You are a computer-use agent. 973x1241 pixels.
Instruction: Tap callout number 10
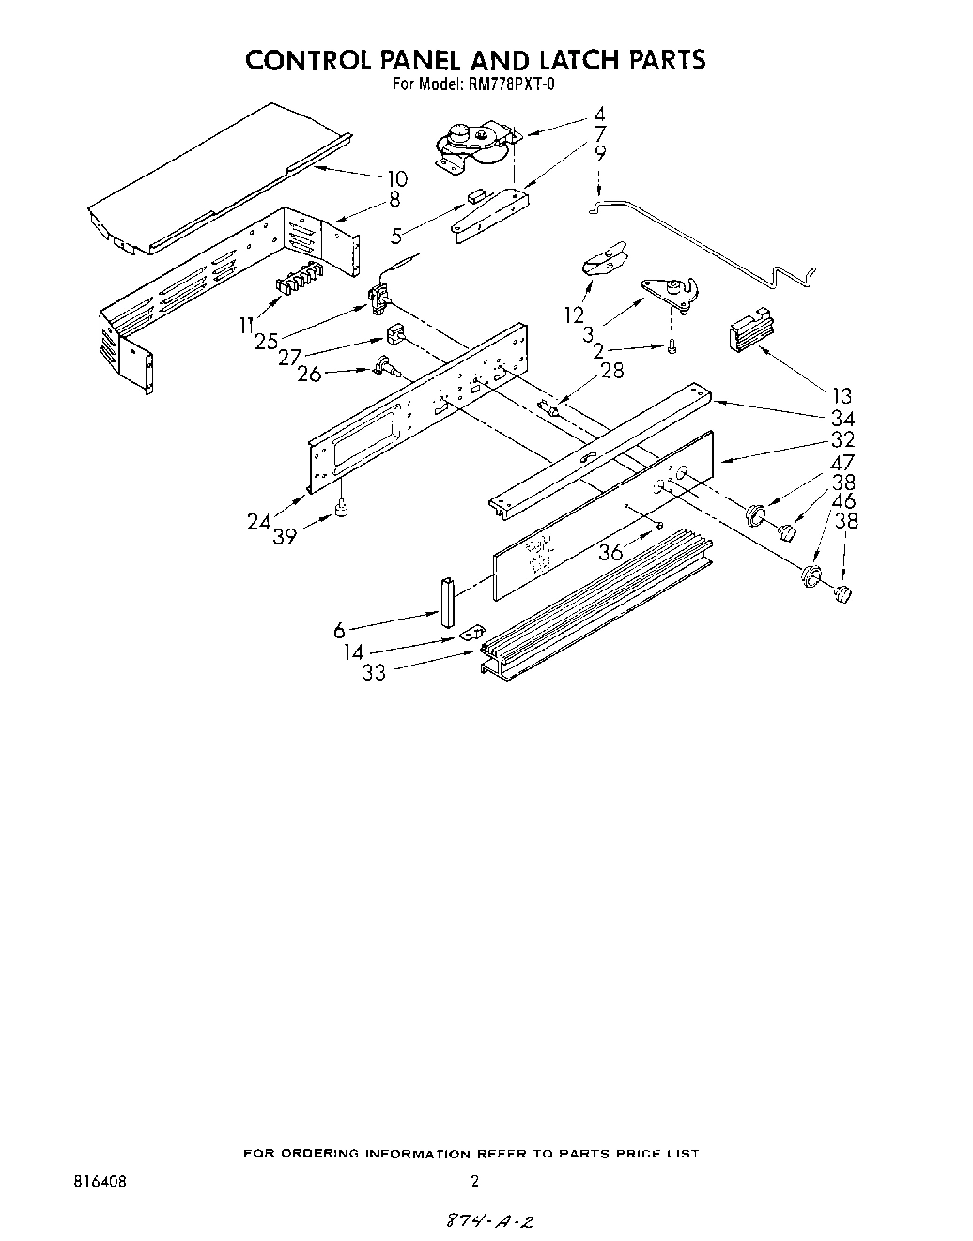pos(396,177)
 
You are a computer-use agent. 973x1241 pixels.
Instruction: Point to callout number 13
pos(840,395)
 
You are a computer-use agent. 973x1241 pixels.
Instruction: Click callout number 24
pos(259,522)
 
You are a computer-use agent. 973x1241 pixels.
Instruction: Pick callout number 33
pos(374,673)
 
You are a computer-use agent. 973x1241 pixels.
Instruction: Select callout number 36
pos(610,552)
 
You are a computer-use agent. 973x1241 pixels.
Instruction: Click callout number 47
pos(843,462)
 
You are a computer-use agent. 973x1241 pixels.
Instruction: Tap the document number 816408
pos(100,1181)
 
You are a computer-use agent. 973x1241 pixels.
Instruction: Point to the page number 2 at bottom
pos(475,1181)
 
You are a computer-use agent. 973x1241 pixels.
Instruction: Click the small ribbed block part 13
pos(750,332)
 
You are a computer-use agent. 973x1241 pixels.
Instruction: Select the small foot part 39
pos(342,511)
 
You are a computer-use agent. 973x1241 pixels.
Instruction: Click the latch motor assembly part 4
pos(474,146)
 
